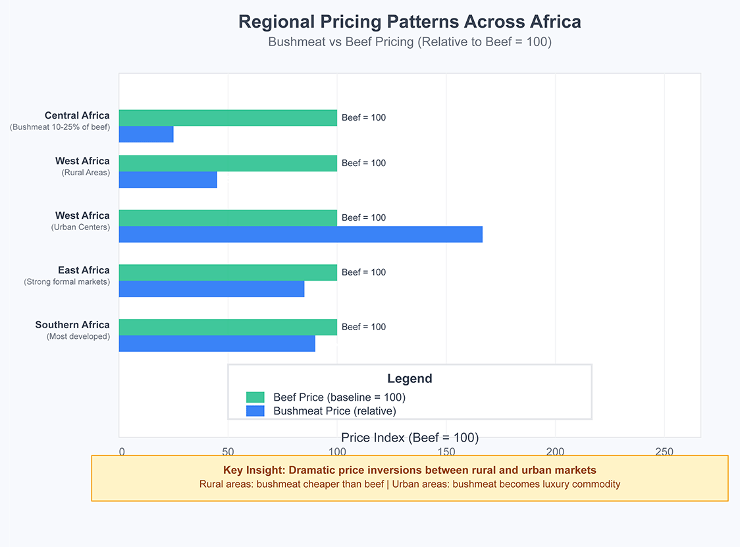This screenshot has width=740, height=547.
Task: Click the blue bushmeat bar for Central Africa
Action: [146, 134]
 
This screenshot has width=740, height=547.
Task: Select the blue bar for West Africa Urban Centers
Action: [301, 235]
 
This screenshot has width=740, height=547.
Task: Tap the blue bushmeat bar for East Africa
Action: [211, 289]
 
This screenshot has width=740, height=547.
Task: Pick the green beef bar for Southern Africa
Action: [228, 328]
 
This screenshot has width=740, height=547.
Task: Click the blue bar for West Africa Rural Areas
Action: [168, 179]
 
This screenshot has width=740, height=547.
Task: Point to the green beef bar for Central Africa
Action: [228, 118]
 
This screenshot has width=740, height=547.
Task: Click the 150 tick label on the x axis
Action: [446, 451]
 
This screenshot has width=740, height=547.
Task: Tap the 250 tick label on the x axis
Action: [664, 451]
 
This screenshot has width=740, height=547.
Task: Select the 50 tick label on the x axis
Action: [228, 451]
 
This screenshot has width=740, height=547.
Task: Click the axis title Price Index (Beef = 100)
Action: [410, 438]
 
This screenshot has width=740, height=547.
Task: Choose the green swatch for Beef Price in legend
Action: [255, 397]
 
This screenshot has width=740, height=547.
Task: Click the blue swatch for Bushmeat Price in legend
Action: [255, 411]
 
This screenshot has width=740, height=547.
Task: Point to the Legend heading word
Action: [410, 378]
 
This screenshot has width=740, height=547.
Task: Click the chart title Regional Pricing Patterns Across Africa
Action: [410, 22]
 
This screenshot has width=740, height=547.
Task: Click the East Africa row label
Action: [84, 270]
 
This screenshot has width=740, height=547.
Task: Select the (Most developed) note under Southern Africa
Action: [78, 336]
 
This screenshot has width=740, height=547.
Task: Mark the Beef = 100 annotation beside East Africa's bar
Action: [363, 273]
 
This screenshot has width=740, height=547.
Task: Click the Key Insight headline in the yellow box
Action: [410, 470]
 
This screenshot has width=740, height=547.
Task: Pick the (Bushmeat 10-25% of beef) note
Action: [60, 127]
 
